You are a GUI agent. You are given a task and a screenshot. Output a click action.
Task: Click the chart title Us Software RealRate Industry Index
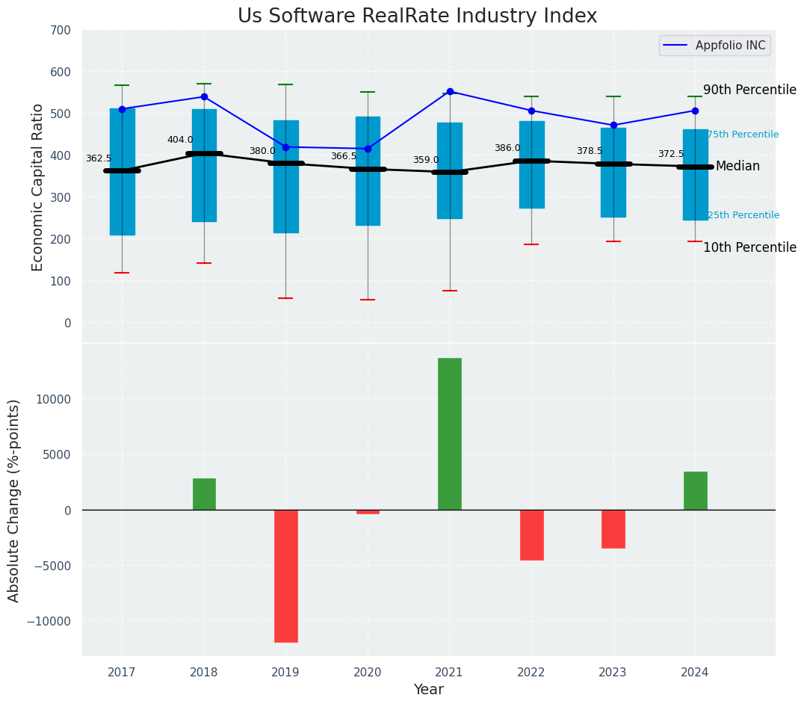(x=417, y=16)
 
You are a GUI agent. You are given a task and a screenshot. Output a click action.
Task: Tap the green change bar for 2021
(x=450, y=433)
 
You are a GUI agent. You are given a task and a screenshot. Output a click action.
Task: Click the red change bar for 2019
(x=286, y=575)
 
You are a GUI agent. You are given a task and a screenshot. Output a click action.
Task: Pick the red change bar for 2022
(x=531, y=534)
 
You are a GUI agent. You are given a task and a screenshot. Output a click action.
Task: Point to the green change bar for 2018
(x=204, y=494)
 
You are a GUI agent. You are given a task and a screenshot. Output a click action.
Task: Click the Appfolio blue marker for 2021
(x=450, y=92)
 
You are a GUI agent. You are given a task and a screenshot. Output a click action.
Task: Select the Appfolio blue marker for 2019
(x=286, y=147)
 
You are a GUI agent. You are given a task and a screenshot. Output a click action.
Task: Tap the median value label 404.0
(x=180, y=140)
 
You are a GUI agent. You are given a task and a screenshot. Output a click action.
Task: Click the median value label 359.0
(x=426, y=160)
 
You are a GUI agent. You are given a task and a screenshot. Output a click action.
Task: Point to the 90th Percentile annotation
(x=749, y=90)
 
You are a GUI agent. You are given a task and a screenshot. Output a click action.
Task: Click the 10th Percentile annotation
(x=749, y=247)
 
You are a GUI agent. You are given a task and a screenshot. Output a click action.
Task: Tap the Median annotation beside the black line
(x=737, y=166)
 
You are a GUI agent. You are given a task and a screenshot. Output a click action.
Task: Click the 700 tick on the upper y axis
(x=61, y=31)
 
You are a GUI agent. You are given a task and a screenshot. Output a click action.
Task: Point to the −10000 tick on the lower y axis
(x=49, y=621)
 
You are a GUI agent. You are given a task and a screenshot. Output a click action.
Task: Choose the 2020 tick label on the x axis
(x=368, y=673)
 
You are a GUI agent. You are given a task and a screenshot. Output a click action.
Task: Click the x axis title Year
(x=429, y=690)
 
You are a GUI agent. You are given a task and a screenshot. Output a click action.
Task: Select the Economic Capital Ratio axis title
(x=38, y=187)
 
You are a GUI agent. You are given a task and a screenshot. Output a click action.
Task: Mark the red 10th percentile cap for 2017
(x=122, y=273)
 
